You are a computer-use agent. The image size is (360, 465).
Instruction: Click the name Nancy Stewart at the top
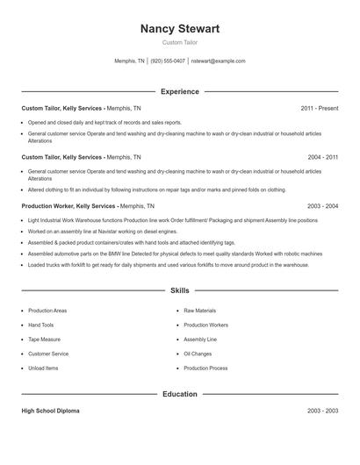180,29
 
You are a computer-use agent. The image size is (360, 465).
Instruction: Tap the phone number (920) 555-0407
167,61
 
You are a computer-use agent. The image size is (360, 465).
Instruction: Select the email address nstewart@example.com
218,61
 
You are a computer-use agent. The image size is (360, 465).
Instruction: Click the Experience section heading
180,91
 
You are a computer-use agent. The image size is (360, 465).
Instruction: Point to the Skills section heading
180,290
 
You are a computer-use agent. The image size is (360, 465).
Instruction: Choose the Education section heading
180,394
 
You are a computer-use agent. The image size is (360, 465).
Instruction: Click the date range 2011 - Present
319,108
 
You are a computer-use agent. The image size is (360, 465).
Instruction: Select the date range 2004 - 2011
322,157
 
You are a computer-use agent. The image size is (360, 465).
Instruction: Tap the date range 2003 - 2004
322,206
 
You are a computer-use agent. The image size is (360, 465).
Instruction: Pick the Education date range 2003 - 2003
322,411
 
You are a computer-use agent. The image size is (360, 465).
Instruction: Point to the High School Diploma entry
53,411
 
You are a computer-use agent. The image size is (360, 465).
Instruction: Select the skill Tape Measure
45,339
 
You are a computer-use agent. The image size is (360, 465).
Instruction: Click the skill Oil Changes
198,354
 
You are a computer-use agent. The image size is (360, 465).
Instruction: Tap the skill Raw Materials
200,311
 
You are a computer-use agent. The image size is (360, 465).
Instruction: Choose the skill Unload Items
44,368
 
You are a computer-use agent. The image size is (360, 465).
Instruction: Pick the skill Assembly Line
200,339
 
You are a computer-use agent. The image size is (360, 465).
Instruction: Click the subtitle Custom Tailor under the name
180,42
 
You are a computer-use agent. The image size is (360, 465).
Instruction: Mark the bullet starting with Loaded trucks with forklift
132,264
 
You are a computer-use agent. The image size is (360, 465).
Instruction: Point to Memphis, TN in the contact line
130,61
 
